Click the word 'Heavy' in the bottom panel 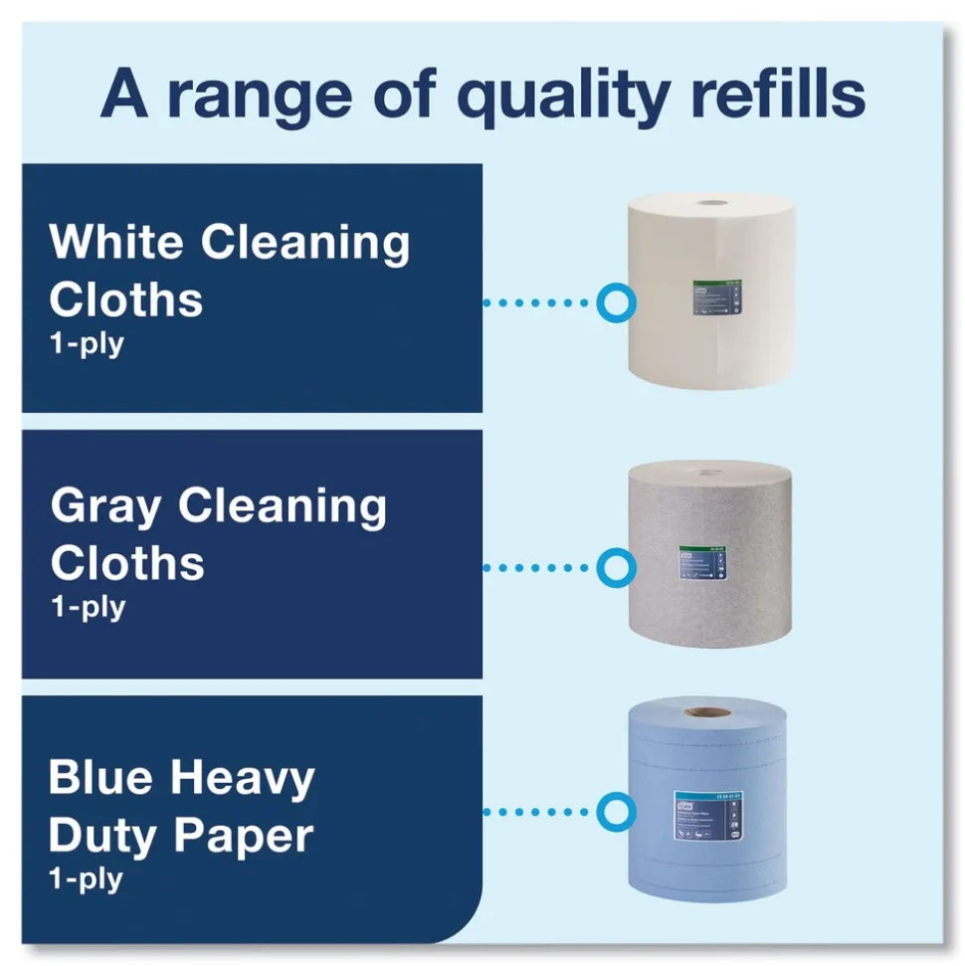(x=243, y=779)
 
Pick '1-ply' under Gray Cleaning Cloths (x=88, y=606)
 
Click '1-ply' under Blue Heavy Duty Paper (x=87, y=878)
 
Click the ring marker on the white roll (x=616, y=301)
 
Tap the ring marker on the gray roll (x=616, y=567)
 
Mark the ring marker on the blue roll (x=616, y=811)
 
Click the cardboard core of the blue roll (x=708, y=712)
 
